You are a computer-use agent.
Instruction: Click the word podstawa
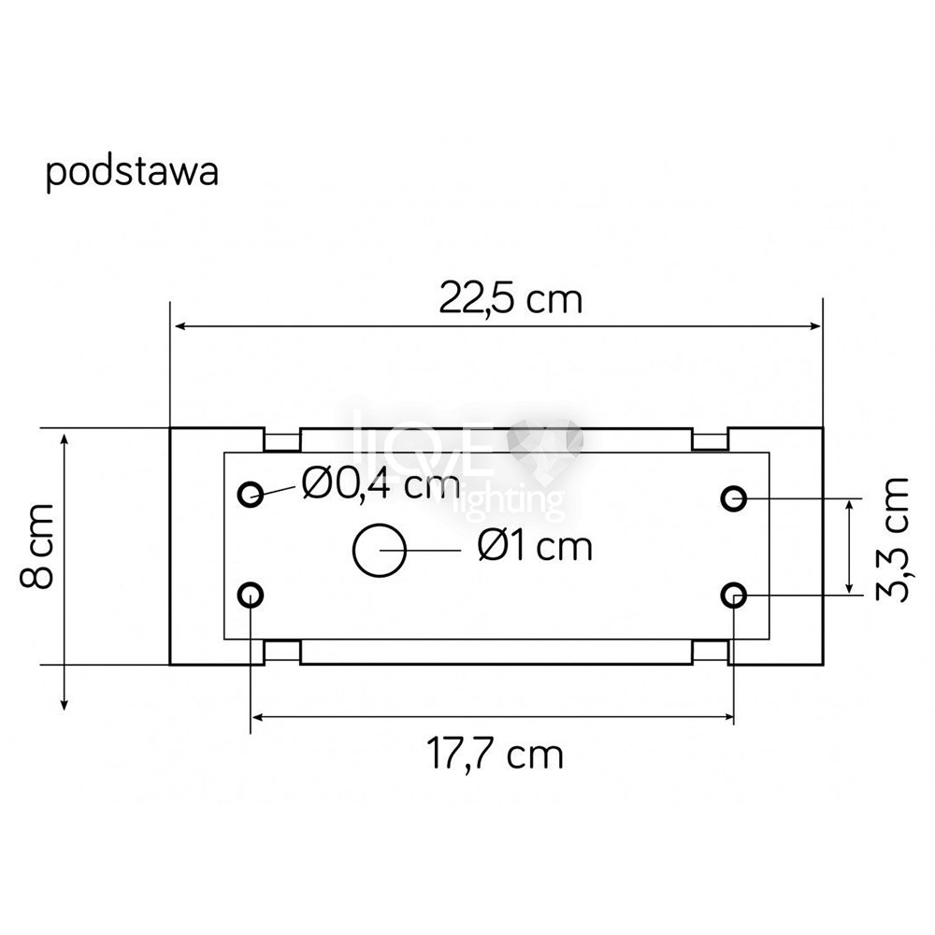coord(132,173)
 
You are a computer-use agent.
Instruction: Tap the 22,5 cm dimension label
coord(511,299)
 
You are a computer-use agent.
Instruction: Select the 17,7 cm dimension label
coord(495,755)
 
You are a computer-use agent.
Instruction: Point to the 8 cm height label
coord(37,546)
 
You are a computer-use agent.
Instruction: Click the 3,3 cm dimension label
coord(892,539)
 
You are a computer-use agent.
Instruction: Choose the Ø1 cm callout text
coord(535,546)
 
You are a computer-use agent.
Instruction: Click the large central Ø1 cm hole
coord(380,551)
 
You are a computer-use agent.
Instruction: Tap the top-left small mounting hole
coord(251,494)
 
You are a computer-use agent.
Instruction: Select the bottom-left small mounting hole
coord(251,595)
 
